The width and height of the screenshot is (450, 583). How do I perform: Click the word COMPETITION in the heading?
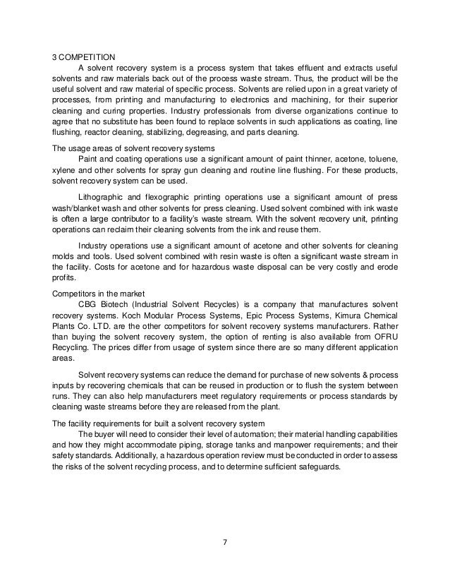[90, 56]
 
